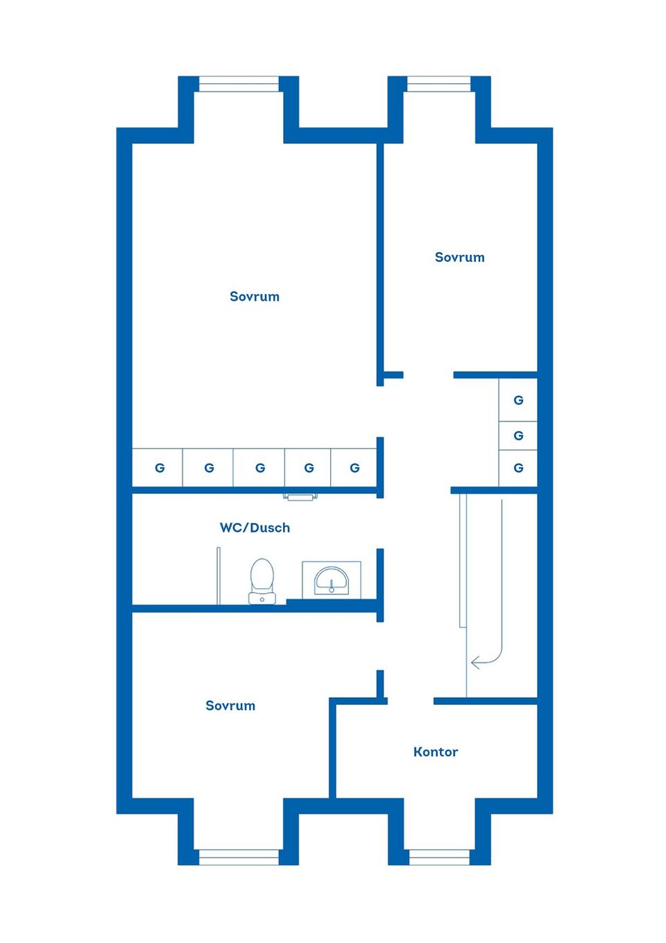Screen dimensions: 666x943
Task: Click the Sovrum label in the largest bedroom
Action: [255, 297]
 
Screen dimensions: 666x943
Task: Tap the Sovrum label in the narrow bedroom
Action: [459, 257]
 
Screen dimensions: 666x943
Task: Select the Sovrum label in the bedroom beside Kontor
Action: [230, 706]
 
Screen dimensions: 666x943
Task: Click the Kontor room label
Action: [436, 752]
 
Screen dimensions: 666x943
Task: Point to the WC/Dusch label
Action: [255, 528]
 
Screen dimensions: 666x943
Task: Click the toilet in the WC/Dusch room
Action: [262, 581]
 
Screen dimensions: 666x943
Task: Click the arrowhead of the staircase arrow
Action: [476, 662]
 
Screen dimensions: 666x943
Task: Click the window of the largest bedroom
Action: [239, 84]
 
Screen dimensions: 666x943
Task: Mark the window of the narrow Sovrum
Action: [439, 84]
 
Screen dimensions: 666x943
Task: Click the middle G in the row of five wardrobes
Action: [260, 468]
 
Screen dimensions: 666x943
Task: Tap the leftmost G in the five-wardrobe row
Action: [160, 468]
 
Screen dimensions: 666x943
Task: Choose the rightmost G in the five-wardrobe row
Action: [355, 468]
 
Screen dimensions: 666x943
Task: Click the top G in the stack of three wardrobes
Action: [518, 401]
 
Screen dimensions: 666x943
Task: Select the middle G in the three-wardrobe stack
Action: [518, 435]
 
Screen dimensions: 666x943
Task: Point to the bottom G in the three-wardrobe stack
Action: [518, 468]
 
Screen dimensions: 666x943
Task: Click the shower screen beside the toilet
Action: [219, 576]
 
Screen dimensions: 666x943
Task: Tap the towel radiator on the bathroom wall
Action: [300, 497]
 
